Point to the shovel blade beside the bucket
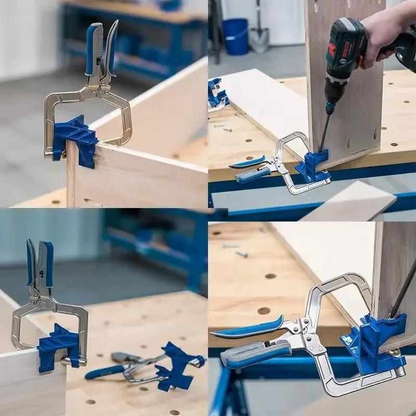258,40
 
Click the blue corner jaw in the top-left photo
76,138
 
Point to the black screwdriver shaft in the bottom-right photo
404,291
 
